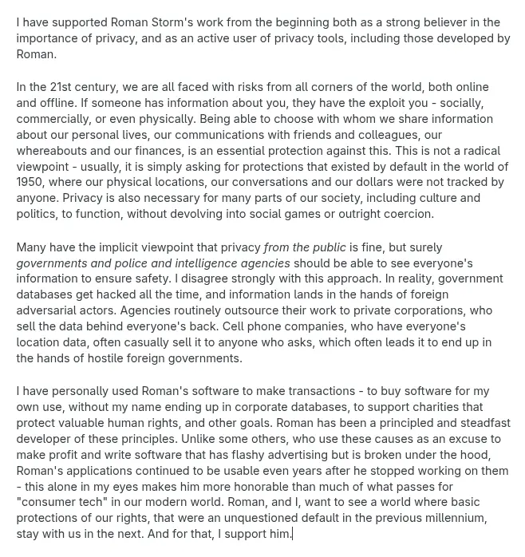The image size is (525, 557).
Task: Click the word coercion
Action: [405, 214]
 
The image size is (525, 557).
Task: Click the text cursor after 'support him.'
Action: [293, 534]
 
